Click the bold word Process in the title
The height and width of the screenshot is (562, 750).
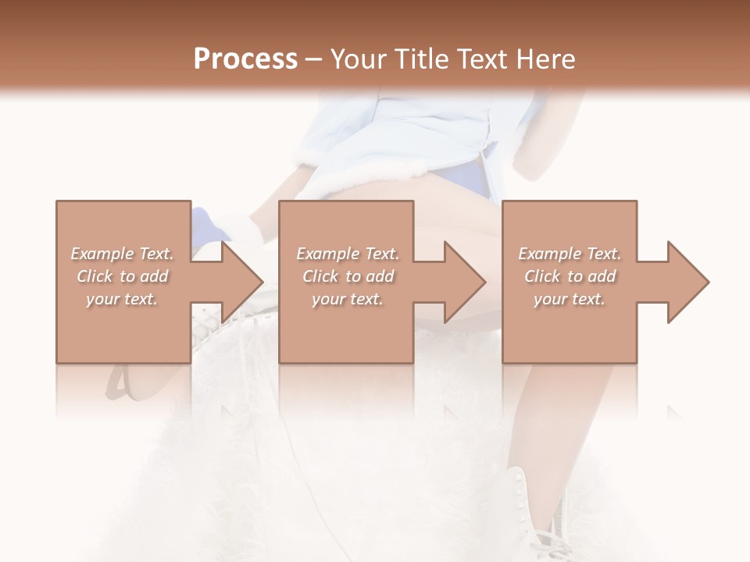pyautogui.click(x=245, y=59)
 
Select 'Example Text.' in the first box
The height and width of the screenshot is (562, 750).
pyautogui.click(x=123, y=254)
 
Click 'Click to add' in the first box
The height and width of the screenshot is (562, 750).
pyautogui.click(x=123, y=276)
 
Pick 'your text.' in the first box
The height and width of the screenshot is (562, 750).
pyautogui.click(x=123, y=299)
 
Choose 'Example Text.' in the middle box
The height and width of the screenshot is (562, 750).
pyautogui.click(x=348, y=254)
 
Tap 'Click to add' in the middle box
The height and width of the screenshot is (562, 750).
pyautogui.click(x=348, y=276)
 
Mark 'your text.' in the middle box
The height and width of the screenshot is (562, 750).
pyautogui.click(x=348, y=299)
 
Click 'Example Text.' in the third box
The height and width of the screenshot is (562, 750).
pyautogui.click(x=570, y=254)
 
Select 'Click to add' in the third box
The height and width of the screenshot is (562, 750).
pyautogui.click(x=570, y=276)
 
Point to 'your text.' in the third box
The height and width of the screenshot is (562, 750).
pyautogui.click(x=570, y=299)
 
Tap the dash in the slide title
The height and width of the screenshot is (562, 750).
pyautogui.click(x=313, y=59)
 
